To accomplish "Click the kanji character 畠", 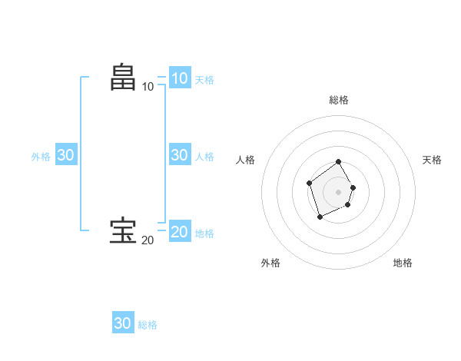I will [123, 77].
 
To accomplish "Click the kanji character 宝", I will [123, 230].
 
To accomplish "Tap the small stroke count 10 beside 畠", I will [148, 87].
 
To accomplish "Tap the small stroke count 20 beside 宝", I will [148, 240].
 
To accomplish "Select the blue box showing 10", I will [179, 78].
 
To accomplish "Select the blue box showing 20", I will [179, 231].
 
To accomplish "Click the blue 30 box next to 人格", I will [179, 154].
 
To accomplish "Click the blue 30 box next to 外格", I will [65, 154].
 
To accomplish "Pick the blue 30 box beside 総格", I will [123, 323].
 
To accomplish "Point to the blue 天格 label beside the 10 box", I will [204, 79].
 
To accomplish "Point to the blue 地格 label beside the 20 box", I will [204, 233].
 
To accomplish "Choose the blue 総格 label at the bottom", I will [148, 325].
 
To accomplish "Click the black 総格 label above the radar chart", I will [339, 100].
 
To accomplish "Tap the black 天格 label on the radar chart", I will [432, 160].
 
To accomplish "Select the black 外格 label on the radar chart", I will [270, 263].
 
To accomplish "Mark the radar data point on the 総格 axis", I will [339, 163].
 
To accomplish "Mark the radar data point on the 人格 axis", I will [309, 183].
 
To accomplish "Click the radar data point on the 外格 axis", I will [320, 217].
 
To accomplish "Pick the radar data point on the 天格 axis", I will [353, 187].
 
